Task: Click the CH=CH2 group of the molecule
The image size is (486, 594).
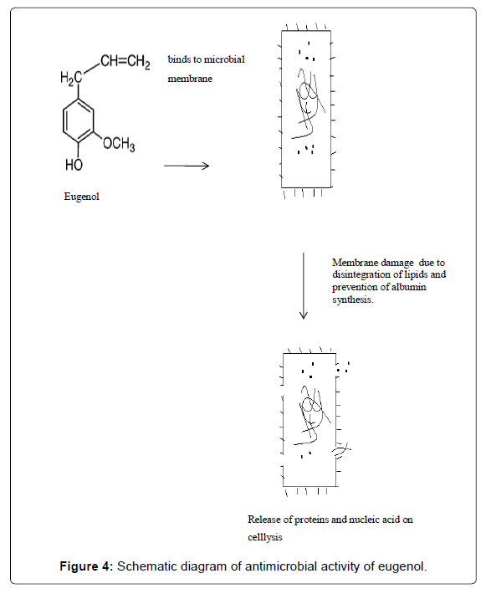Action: (125, 62)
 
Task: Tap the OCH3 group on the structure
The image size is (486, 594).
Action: (119, 145)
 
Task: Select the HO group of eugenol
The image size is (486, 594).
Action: (74, 165)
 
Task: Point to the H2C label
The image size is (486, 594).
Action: (71, 79)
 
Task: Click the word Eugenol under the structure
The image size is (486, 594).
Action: (81, 197)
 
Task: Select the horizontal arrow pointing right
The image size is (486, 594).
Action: (187, 166)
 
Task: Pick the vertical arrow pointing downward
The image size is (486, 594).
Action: (303, 286)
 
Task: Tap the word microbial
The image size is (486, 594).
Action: (224, 59)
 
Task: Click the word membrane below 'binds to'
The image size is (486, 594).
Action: (190, 79)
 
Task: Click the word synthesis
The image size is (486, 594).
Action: (353, 300)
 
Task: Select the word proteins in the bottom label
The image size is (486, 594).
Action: (312, 520)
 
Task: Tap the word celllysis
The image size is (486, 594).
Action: (265, 537)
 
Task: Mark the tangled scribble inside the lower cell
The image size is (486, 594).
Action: (311, 415)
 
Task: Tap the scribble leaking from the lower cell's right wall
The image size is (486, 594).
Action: (341, 450)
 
